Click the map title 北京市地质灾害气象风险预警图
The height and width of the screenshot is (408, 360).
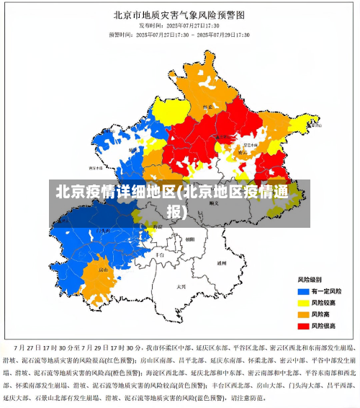click(180, 14)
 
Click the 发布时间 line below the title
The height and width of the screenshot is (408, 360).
click(180, 25)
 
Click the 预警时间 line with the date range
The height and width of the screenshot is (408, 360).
click(179, 34)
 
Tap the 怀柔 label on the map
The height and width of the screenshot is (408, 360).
click(209, 107)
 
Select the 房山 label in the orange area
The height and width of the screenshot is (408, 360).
click(103, 270)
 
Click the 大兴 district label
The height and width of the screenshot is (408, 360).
click(181, 286)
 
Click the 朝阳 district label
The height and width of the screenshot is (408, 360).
click(189, 239)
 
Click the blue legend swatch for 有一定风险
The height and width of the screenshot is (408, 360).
click(303, 291)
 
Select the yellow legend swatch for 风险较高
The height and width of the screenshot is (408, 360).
click(303, 302)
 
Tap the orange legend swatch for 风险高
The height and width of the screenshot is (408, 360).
click(303, 314)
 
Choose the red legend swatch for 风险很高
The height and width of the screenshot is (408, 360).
click(303, 326)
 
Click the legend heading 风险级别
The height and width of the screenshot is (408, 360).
click(310, 278)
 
